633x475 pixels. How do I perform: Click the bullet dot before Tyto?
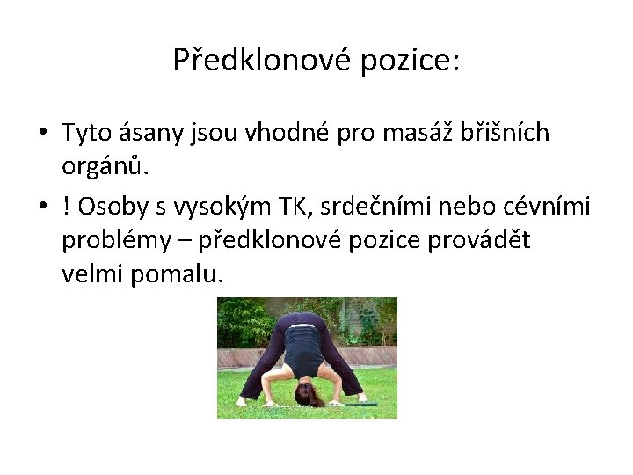(x=42, y=134)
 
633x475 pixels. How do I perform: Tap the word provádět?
(x=479, y=240)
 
